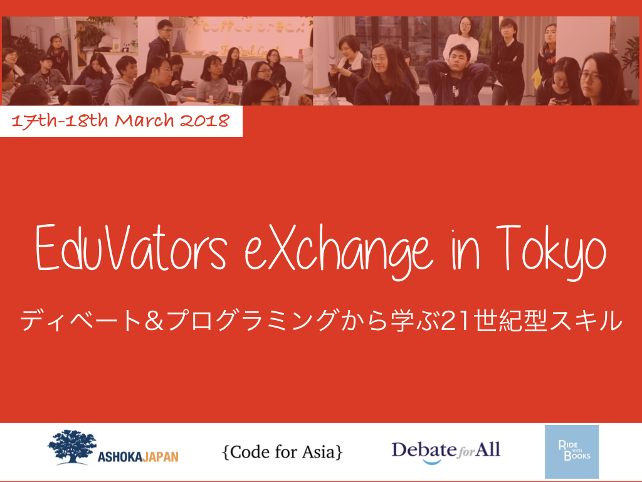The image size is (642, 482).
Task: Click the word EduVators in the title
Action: pos(131,248)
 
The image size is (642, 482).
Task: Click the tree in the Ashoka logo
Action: pos(72,447)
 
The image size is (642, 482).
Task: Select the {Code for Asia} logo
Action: pos(282,452)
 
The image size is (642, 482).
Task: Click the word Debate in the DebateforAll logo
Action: pos(424,450)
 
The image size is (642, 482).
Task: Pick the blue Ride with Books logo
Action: pos(572,451)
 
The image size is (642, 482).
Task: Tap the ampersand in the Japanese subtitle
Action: pos(154,321)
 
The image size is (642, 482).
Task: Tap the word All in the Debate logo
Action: pos(488,449)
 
